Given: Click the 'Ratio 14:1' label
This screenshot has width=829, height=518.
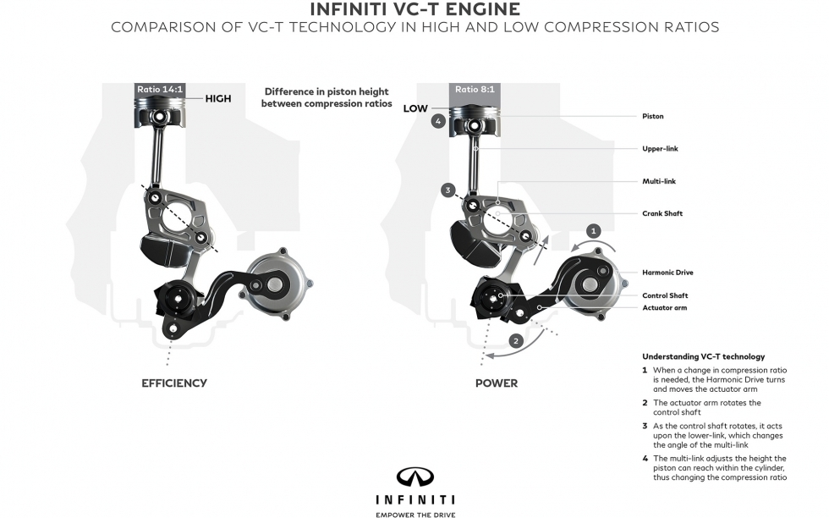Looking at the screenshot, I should (x=159, y=89).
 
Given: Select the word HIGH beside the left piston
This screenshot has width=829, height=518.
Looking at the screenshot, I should (x=217, y=98).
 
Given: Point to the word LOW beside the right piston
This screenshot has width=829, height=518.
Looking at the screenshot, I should (x=415, y=108).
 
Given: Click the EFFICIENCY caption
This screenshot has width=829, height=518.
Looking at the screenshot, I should (x=174, y=383).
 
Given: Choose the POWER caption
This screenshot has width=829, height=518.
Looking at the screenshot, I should (x=496, y=383).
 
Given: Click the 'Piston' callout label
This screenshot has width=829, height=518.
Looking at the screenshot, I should (x=653, y=116).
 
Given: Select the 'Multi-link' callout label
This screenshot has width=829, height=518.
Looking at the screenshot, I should (x=657, y=181).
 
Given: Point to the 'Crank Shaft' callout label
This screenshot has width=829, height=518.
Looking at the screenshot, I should (x=662, y=213).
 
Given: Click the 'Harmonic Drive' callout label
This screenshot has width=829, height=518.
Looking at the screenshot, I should (x=667, y=272).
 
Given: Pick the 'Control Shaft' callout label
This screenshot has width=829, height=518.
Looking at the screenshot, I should (x=664, y=295).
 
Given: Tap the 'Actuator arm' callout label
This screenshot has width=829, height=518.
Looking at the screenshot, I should (x=664, y=307).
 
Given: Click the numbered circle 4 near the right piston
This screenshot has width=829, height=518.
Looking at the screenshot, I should (x=437, y=121).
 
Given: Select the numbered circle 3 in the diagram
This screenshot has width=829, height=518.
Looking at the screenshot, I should (x=448, y=190).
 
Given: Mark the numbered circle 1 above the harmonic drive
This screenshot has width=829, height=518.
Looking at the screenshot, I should (x=594, y=229).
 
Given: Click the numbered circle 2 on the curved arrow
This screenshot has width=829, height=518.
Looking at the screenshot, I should (x=515, y=341).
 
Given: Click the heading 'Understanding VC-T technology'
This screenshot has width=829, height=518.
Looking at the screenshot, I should (x=703, y=356).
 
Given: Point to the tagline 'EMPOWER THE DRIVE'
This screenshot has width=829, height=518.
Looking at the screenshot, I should (x=414, y=512).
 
